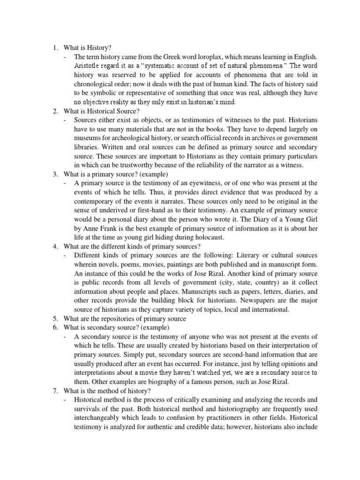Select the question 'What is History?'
87,47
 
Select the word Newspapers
254,300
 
